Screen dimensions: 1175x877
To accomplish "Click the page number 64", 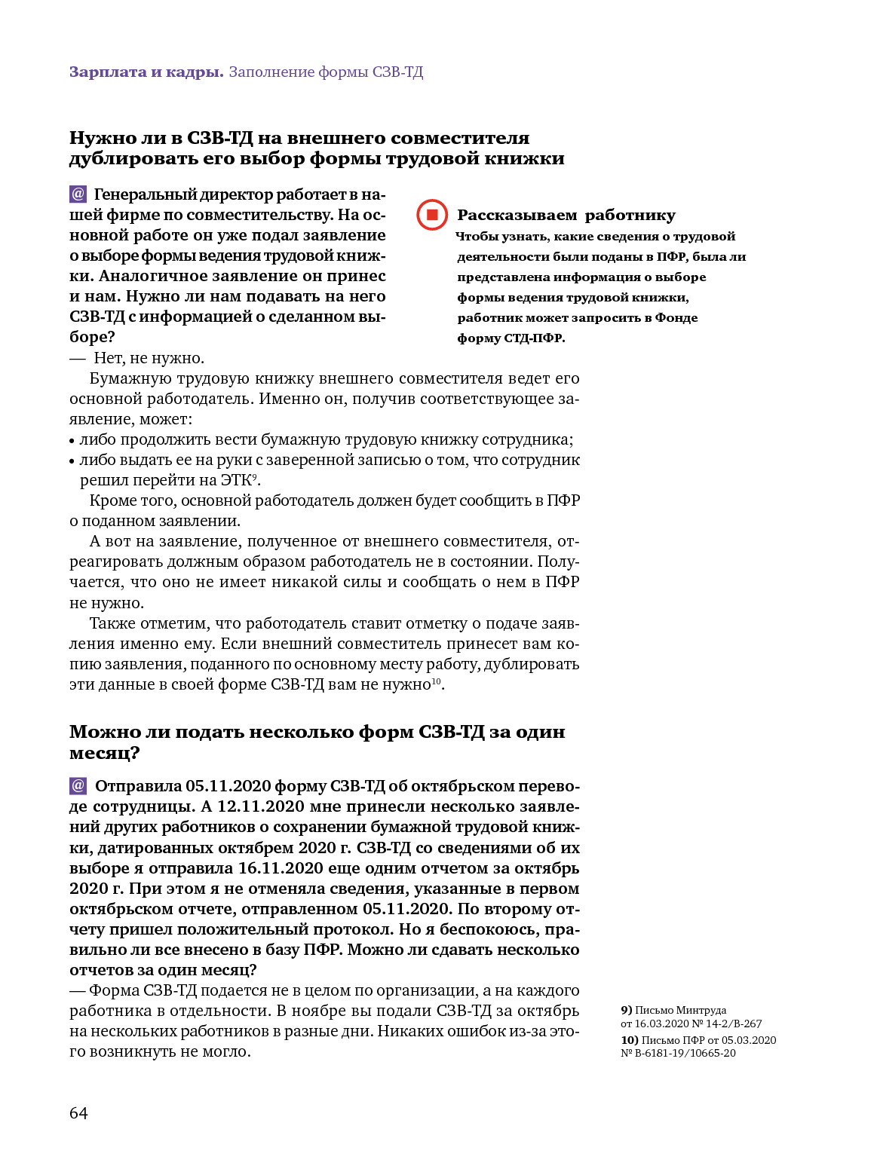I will pos(78,1113).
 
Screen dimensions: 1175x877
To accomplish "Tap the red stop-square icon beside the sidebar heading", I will pos(432,215).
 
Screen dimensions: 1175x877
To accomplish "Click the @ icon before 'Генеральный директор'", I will pos(78,194).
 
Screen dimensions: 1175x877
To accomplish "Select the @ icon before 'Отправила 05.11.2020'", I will pos(78,786).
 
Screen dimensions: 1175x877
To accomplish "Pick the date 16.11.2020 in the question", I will pos(281,868).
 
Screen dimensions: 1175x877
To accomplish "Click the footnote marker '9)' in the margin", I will pos(626,1010).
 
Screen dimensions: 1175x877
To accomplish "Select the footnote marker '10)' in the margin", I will pos(629,1040).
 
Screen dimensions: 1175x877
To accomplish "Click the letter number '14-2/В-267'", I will pos(734,1024).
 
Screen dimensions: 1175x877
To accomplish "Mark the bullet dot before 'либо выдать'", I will pos(72,461).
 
